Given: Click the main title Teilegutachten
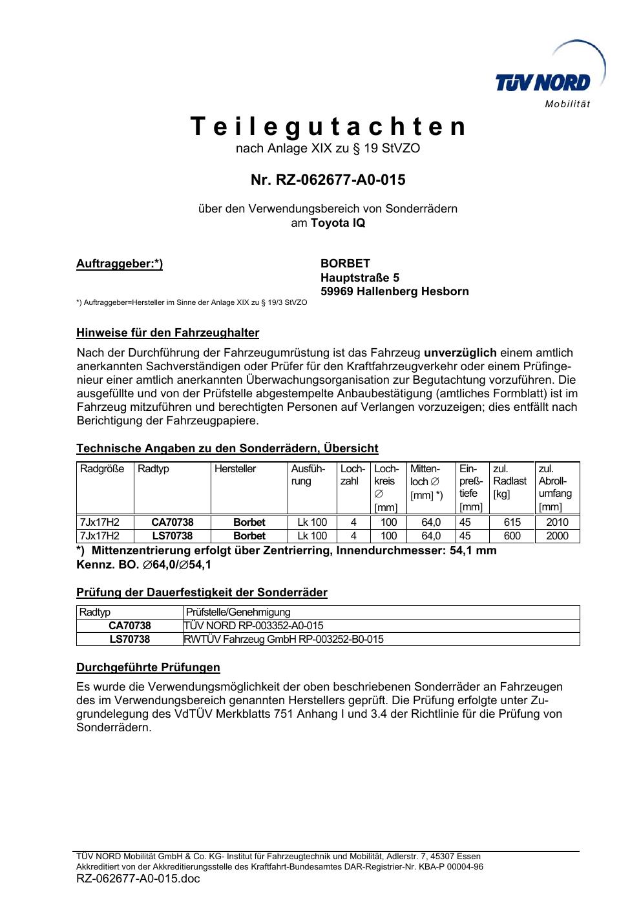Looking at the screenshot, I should [328, 127].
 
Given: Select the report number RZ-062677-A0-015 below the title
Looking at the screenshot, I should [328, 180].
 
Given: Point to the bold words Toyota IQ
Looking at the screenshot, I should [337, 223].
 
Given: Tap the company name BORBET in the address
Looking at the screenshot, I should [345, 264].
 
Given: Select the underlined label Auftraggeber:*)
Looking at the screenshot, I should [120, 264].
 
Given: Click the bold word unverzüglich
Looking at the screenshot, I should [460, 353].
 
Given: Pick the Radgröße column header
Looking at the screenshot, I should [102, 469].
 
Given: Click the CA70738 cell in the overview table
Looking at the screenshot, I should [172, 522].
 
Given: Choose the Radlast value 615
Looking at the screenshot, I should [512, 522].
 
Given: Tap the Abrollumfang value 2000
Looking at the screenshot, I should [557, 536].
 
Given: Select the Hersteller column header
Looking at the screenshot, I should [235, 469].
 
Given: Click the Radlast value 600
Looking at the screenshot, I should [512, 536].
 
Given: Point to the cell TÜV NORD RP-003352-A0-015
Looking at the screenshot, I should [253, 625].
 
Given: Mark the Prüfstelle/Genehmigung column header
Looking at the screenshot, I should [238, 612].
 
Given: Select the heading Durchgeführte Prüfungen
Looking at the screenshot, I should [148, 667].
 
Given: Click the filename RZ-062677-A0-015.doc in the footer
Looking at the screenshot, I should [138, 879].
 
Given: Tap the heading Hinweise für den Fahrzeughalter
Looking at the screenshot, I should [167, 333].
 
